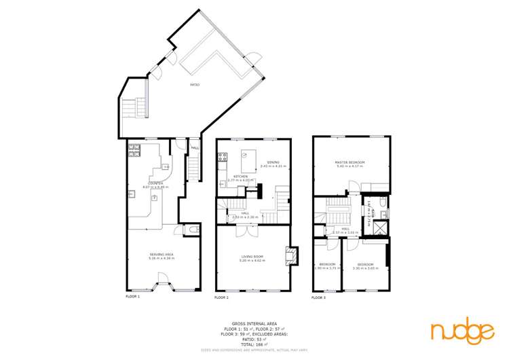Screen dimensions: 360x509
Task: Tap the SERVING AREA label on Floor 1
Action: pyautogui.click(x=162, y=255)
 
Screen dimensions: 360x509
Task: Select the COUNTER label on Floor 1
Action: pyautogui.click(x=155, y=184)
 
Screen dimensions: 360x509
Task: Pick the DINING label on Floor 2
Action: pyautogui.click(x=274, y=162)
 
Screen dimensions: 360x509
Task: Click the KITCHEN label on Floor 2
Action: pyautogui.click(x=240, y=177)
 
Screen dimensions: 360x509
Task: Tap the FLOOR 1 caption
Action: pyautogui.click(x=132, y=297)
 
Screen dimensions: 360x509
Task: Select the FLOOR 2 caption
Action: pyautogui.click(x=222, y=298)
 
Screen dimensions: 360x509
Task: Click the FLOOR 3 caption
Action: pyautogui.click(x=319, y=298)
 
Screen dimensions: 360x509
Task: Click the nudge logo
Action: pyautogui.click(x=462, y=331)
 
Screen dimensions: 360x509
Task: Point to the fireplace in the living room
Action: pyautogui.click(x=291, y=253)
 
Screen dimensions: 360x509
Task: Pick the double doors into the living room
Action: pyautogui.click(x=242, y=231)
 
